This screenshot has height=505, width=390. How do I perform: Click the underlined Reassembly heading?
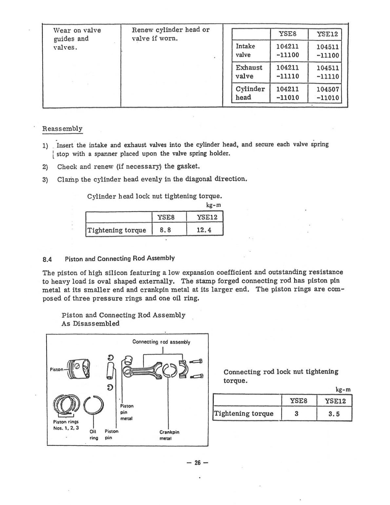point(62,129)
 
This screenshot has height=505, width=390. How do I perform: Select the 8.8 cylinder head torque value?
point(165,230)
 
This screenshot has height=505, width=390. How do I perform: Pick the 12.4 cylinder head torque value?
point(204,230)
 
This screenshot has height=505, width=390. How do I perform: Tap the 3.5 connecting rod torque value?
point(334,414)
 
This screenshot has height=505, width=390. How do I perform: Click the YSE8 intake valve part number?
point(287,51)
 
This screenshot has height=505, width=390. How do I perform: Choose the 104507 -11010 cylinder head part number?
point(327,93)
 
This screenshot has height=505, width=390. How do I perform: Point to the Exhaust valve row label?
point(249,72)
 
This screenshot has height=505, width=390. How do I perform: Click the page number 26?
point(197,463)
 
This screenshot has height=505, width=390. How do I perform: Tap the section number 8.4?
point(47,259)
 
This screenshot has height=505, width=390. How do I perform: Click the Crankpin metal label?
point(169,435)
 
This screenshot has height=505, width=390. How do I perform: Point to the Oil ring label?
point(94,434)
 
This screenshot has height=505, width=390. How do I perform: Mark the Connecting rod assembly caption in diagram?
point(161,342)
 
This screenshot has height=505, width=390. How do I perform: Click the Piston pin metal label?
point(127,412)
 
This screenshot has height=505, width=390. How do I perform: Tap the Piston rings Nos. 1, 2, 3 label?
point(66,425)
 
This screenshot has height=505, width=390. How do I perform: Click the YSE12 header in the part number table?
point(327,34)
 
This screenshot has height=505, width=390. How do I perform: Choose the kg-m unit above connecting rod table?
point(343,390)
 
